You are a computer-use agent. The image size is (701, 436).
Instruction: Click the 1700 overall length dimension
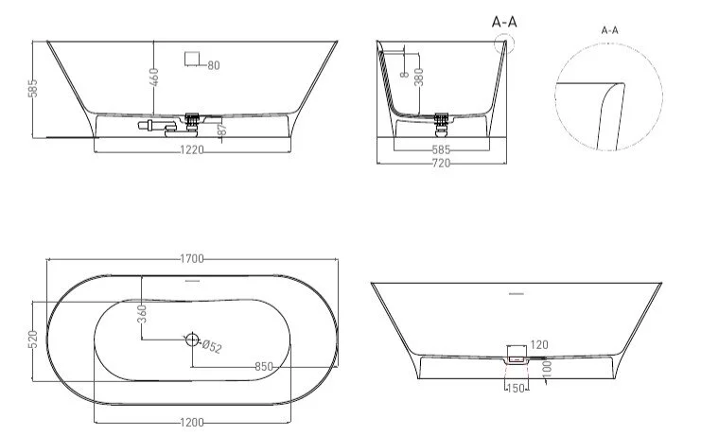[192, 258]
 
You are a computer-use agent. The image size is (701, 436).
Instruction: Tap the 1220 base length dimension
[192, 150]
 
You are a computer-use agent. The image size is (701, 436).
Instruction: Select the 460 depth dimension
[154, 78]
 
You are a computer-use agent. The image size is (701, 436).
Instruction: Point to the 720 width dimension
[441, 164]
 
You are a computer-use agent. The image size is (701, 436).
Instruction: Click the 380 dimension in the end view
[419, 77]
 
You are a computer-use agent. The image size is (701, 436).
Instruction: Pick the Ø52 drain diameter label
[212, 346]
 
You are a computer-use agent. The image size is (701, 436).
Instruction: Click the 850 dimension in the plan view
[264, 367]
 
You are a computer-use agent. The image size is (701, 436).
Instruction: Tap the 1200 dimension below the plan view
[192, 422]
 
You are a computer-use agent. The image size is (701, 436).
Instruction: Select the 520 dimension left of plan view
[32, 340]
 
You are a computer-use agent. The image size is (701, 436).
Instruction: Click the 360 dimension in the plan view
[142, 314]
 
